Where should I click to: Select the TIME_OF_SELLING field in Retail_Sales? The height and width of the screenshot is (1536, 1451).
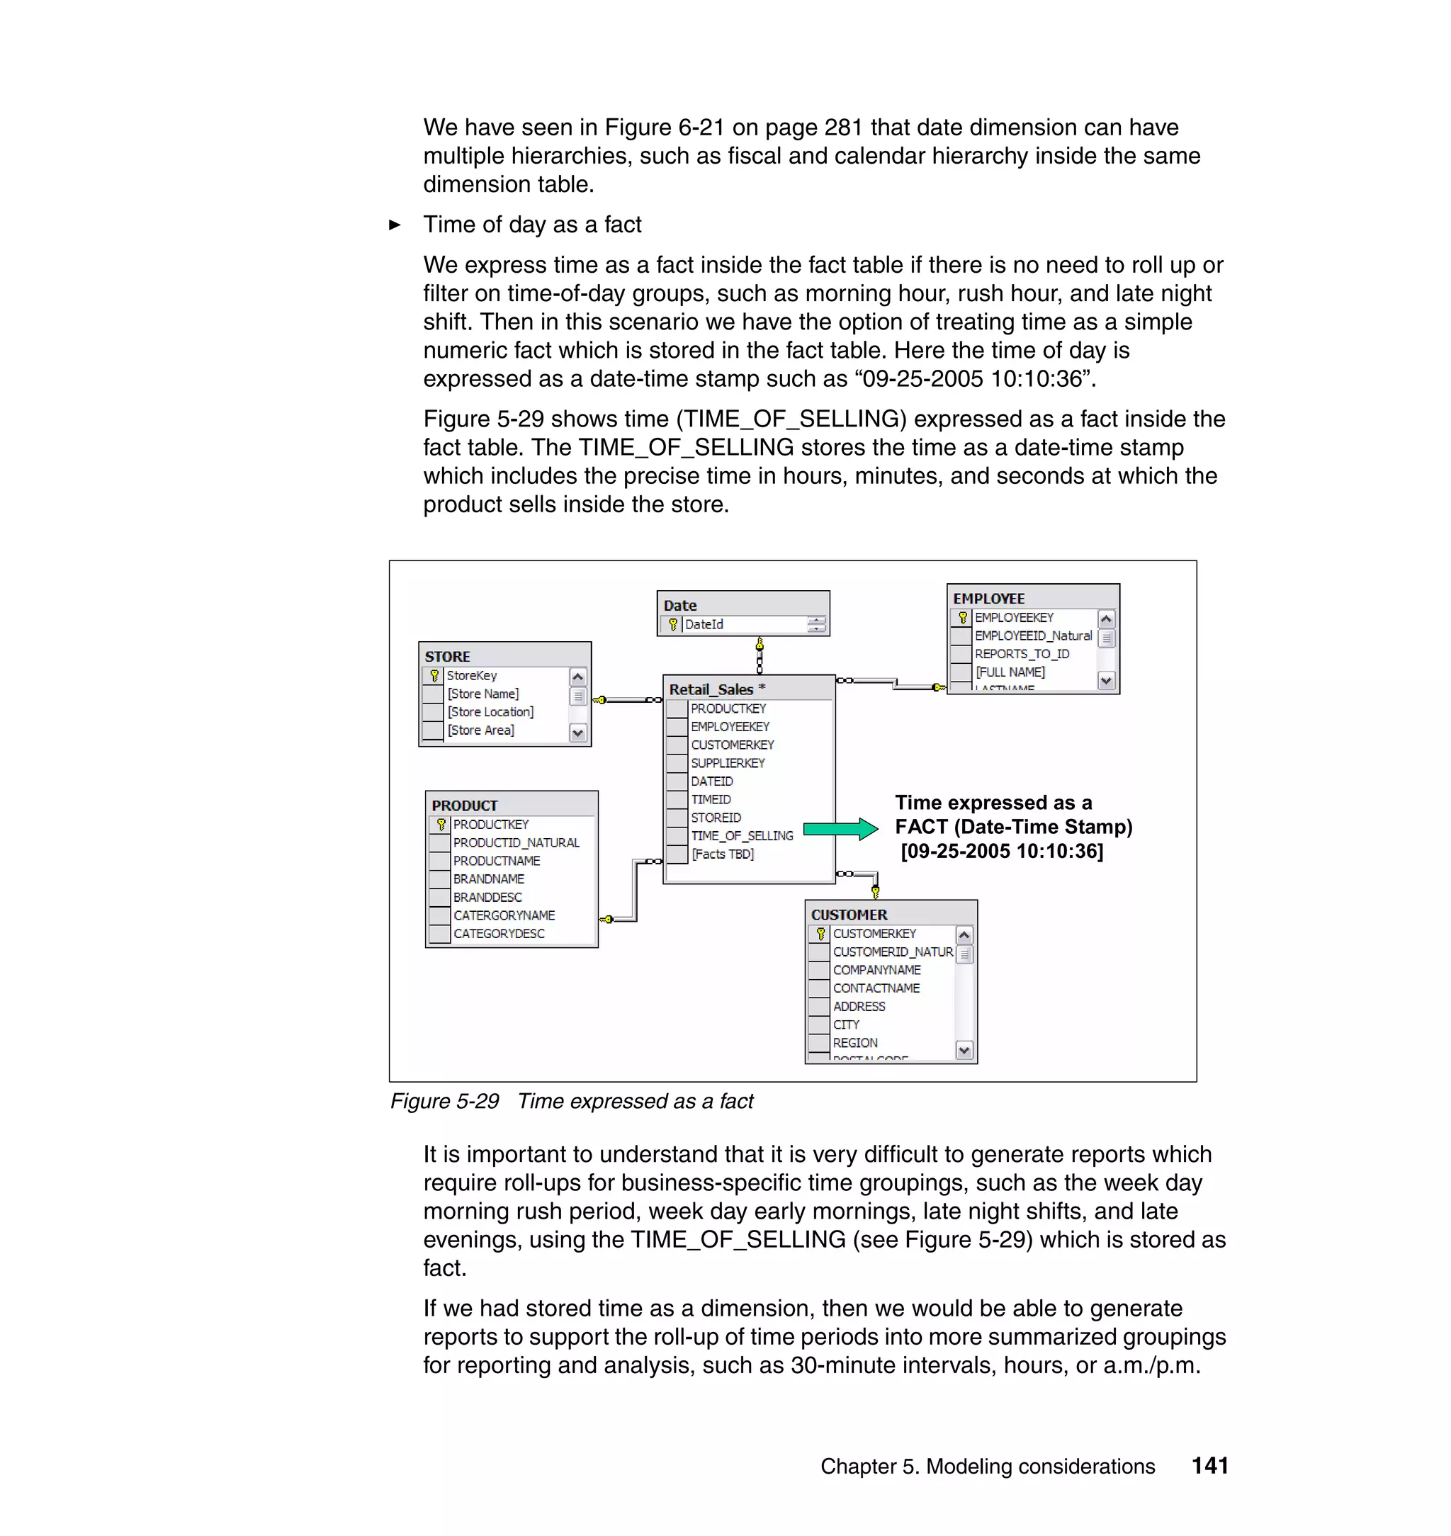pyautogui.click(x=742, y=836)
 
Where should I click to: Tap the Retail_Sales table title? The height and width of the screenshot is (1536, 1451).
pyautogui.click(x=711, y=689)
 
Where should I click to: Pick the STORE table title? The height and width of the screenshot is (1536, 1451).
pyautogui.click(x=447, y=656)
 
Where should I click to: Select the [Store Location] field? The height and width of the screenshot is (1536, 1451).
pyautogui.click(x=490, y=711)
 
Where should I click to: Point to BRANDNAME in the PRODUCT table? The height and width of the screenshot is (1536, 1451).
pyautogui.click(x=489, y=879)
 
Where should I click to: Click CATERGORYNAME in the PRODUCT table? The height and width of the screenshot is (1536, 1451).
pyautogui.click(x=504, y=915)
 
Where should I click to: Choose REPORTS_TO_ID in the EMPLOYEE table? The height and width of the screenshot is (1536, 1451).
pyautogui.click(x=1022, y=653)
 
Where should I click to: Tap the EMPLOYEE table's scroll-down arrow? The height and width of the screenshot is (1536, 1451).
pyautogui.click(x=1106, y=681)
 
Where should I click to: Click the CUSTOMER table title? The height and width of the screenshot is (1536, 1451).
pyautogui.click(x=849, y=914)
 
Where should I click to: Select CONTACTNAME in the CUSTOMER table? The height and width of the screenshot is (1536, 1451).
pyautogui.click(x=876, y=988)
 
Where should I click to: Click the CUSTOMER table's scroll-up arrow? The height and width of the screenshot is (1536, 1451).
pyautogui.click(x=964, y=935)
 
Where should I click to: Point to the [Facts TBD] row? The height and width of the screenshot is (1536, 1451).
pyautogui.click(x=723, y=854)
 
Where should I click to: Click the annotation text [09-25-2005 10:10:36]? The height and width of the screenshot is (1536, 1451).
pyautogui.click(x=1002, y=851)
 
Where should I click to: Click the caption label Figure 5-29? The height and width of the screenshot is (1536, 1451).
pyautogui.click(x=445, y=1101)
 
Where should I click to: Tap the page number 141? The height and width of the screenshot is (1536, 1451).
pyautogui.click(x=1209, y=1466)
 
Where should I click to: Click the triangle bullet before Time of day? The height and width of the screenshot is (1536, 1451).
pyautogui.click(x=395, y=225)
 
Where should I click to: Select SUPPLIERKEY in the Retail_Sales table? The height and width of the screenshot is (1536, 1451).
pyautogui.click(x=728, y=762)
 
